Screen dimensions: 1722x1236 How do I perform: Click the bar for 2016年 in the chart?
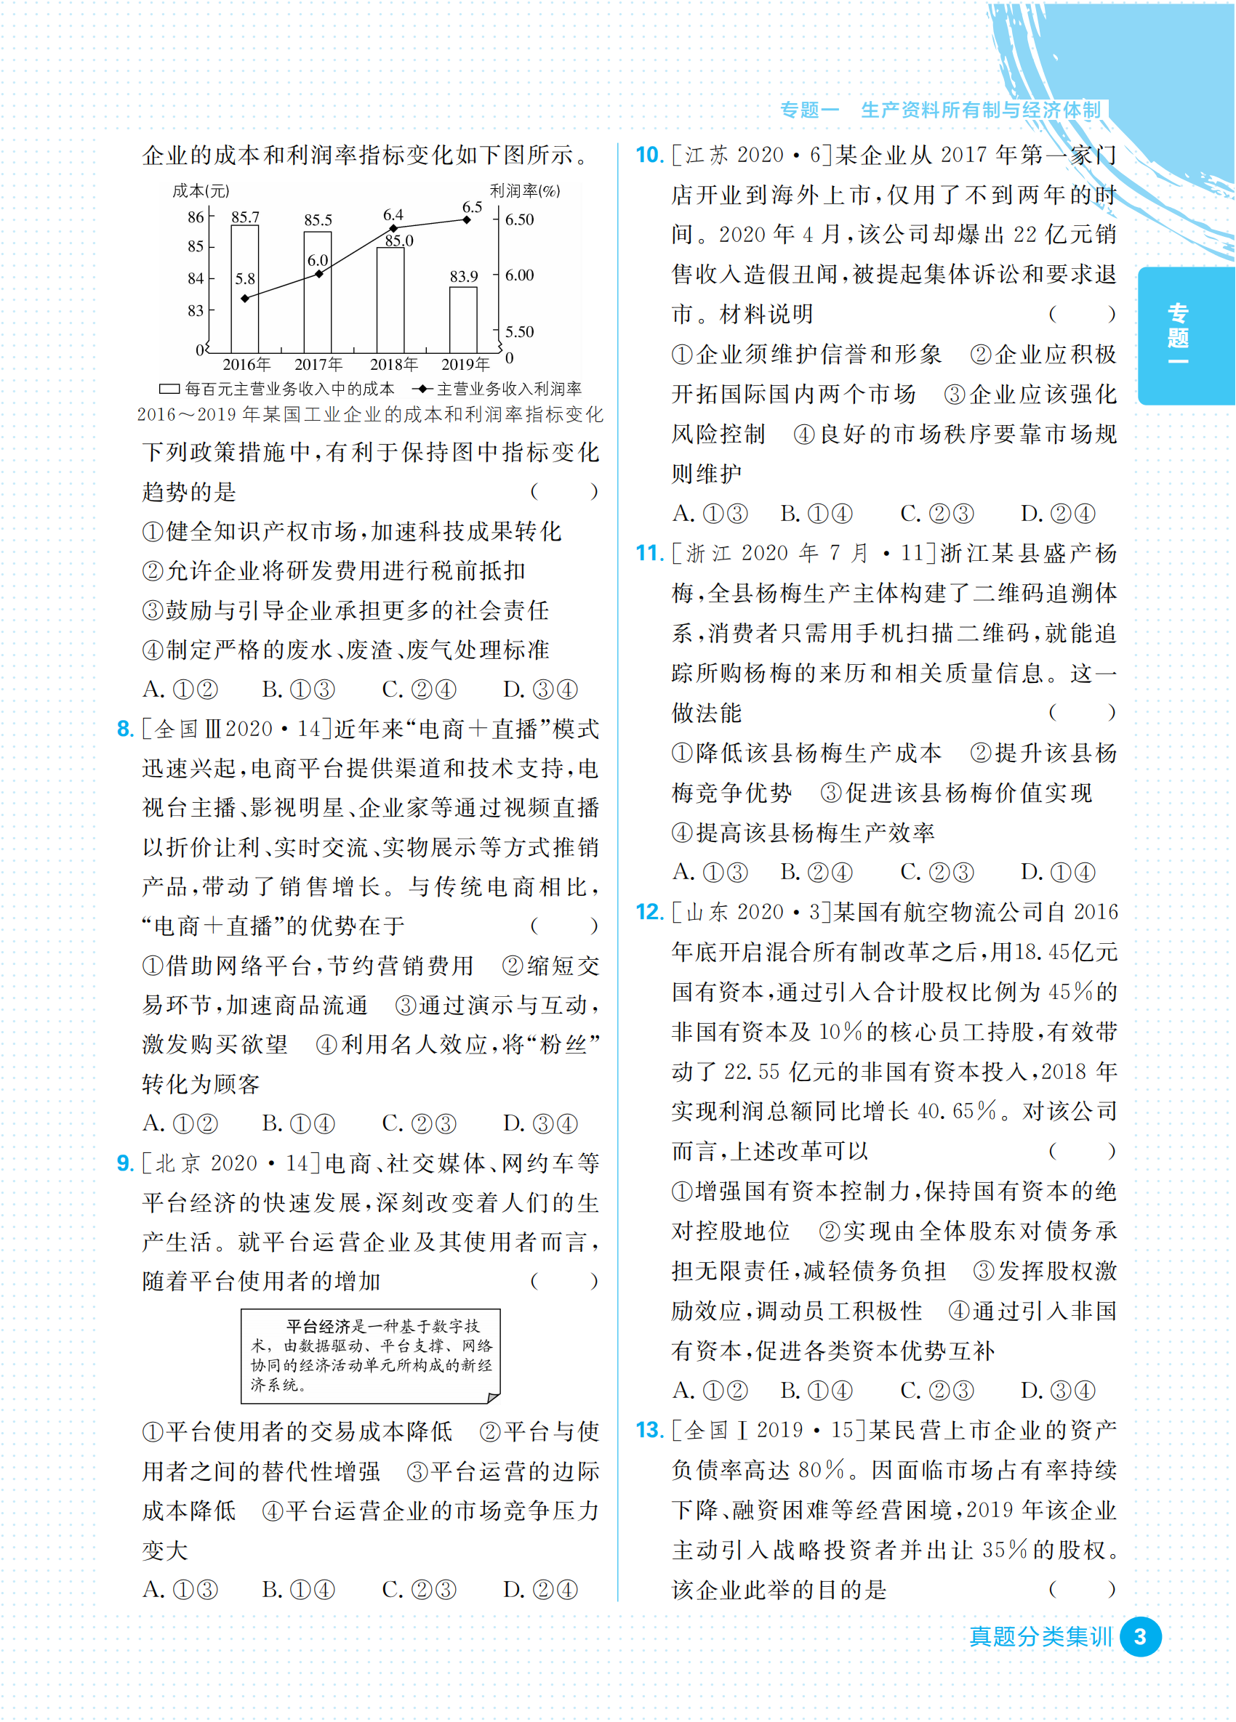(x=244, y=288)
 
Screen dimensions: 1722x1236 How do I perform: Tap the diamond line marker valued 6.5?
(x=467, y=220)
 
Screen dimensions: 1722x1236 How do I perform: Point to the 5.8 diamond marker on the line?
(x=244, y=299)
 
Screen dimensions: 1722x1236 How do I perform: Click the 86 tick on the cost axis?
(x=196, y=217)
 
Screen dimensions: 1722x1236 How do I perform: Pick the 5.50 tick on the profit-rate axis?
(x=520, y=332)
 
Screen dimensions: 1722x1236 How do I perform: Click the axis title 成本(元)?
(x=201, y=190)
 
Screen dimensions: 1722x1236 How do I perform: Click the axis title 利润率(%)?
(x=524, y=190)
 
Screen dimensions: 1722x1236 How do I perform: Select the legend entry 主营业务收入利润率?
(x=508, y=389)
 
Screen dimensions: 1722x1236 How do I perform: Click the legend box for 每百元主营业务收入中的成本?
(x=169, y=389)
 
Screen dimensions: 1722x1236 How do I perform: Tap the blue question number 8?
(x=125, y=729)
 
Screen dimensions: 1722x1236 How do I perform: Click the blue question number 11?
(x=649, y=554)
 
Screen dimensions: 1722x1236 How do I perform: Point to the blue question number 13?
(x=649, y=1431)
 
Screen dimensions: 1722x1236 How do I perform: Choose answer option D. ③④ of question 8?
(x=540, y=1123)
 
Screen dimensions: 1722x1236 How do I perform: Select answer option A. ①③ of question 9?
(x=180, y=1589)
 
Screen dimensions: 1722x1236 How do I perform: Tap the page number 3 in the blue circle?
(x=1139, y=1637)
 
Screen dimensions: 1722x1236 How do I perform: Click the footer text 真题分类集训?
(x=1040, y=1637)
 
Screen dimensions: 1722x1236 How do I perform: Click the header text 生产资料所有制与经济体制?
(x=980, y=111)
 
